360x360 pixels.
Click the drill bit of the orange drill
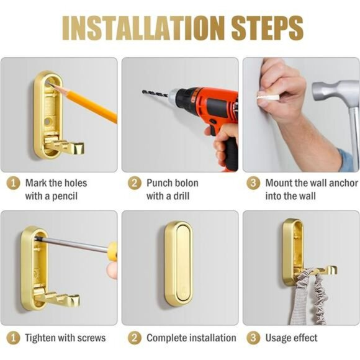159,96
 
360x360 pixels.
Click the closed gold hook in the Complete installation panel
178,264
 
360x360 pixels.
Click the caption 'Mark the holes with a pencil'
56,189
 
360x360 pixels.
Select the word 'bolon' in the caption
186,183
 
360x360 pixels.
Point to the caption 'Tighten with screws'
65,338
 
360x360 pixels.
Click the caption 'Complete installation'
191,338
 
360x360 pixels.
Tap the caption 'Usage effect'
291,338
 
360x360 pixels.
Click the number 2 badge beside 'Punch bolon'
134,183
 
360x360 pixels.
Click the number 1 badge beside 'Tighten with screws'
13,338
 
